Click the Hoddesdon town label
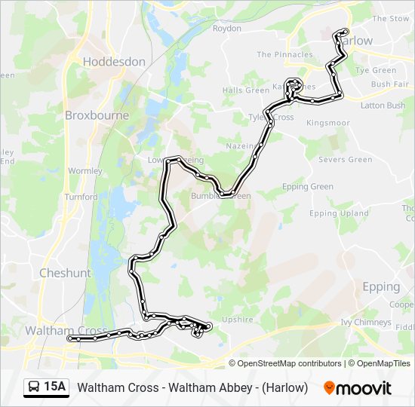pyautogui.click(x=114, y=62)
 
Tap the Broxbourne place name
pyautogui.click(x=97, y=115)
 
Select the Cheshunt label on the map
pyautogui.click(x=65, y=273)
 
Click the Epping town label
pyautogui.click(x=381, y=286)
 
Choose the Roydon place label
pyautogui.click(x=227, y=29)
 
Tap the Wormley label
pyautogui.click(x=85, y=171)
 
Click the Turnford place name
pyautogui.click(x=81, y=197)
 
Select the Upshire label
pyautogui.click(x=238, y=320)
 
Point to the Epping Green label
pyautogui.click(x=307, y=187)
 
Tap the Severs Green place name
pyautogui.click(x=345, y=160)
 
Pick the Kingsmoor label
pyautogui.click(x=328, y=122)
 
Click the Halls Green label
pyautogui.click(x=245, y=90)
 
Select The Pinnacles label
pyautogui.click(x=284, y=55)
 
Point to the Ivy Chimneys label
pyautogui.click(x=367, y=322)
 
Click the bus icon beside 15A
pyautogui.click(x=34, y=387)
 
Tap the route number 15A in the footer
pyautogui.click(x=55, y=387)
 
